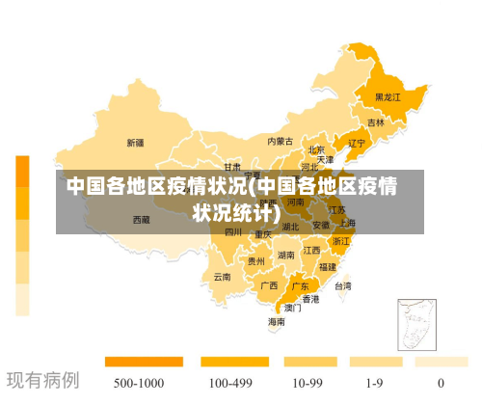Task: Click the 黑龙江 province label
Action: [x=388, y=97]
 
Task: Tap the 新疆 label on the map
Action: [x=135, y=143]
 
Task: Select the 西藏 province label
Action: [x=141, y=220]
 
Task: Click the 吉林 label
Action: [x=375, y=123]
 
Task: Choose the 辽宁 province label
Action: [x=357, y=144]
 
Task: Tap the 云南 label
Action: [x=223, y=277]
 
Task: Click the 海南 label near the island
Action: [x=277, y=321]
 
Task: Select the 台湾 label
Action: [x=342, y=285]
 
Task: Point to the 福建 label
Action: [x=328, y=266]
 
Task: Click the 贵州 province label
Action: [x=255, y=260]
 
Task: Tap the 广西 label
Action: [x=269, y=285]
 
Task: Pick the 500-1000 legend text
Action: [x=139, y=383]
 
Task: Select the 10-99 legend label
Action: [x=308, y=383]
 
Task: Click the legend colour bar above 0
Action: [x=442, y=363]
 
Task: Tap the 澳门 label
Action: [x=292, y=309]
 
